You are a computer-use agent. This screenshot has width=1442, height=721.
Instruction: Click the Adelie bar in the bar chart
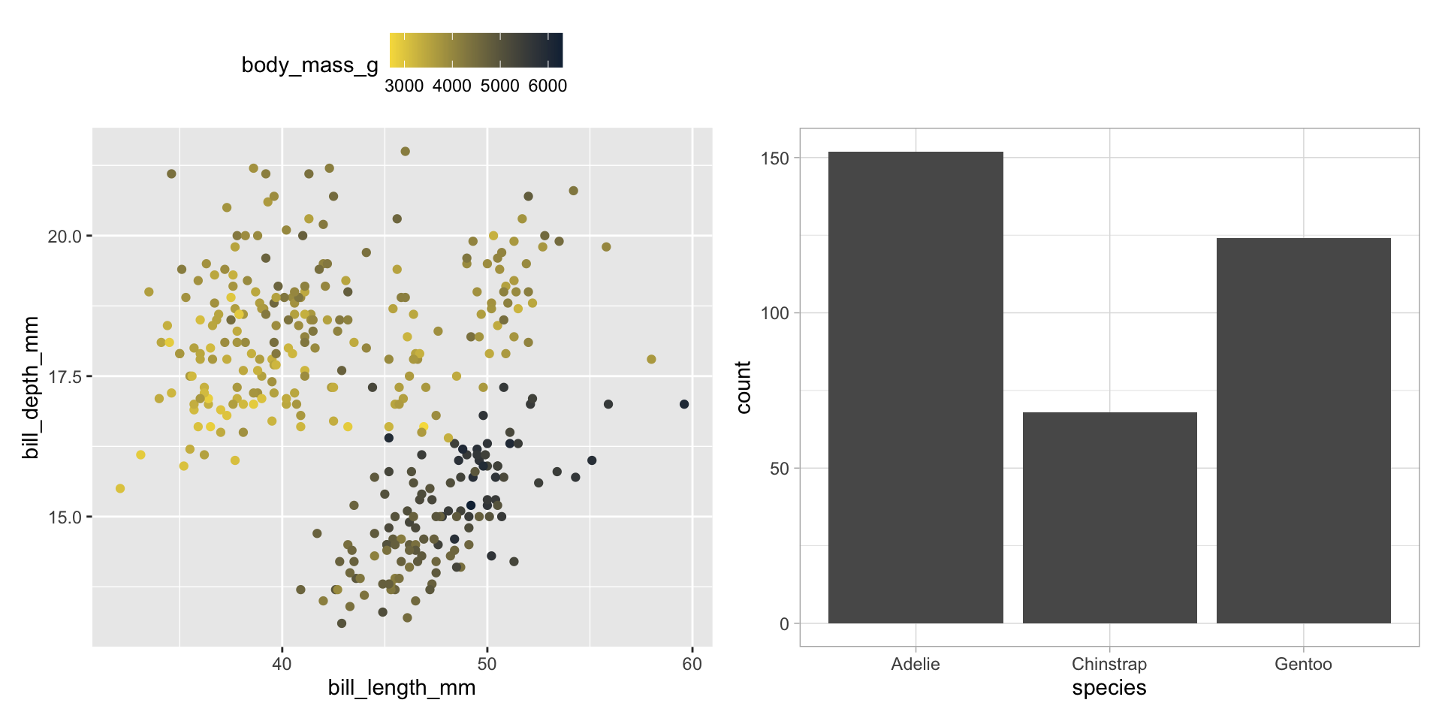tap(916, 388)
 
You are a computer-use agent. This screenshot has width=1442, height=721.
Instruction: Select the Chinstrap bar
tap(1109, 517)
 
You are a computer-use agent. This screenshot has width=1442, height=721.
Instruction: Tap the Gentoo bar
tap(1303, 430)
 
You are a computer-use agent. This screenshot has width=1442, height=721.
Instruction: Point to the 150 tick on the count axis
tap(780, 158)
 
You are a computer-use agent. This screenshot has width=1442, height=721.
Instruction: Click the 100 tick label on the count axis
tap(775, 313)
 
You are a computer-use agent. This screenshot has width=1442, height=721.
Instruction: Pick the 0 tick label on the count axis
tap(785, 624)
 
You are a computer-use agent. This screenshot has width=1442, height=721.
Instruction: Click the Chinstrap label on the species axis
tap(1109, 665)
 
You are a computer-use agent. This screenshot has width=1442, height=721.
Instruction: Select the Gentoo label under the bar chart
tap(1303, 665)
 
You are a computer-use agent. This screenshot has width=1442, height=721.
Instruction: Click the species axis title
tap(1109, 689)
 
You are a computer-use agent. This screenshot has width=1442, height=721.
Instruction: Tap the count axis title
tap(744, 388)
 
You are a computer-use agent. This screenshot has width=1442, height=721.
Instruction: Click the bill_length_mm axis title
tap(402, 689)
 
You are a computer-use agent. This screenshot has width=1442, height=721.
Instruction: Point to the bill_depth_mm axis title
tap(31, 388)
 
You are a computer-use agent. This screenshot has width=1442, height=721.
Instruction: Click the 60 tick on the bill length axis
tap(692, 665)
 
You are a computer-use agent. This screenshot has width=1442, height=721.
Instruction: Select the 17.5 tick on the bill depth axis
tap(65, 377)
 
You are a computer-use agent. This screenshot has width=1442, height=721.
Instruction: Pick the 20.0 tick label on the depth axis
tap(65, 237)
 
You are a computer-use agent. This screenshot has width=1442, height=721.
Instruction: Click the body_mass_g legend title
tap(309, 65)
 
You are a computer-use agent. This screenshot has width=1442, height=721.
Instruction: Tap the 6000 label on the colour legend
tap(548, 86)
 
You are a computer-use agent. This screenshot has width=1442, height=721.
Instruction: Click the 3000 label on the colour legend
tap(404, 86)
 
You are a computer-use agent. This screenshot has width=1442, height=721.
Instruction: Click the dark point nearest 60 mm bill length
tap(684, 404)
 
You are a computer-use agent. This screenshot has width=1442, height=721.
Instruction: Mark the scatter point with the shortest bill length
tap(120, 489)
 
